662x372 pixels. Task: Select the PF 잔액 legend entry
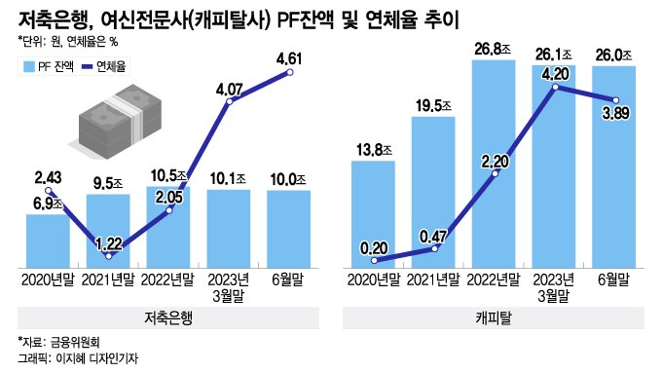(49, 65)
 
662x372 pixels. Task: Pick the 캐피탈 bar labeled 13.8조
(374, 213)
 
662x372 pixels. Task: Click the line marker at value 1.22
(109, 255)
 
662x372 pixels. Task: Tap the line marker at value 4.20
(555, 89)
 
